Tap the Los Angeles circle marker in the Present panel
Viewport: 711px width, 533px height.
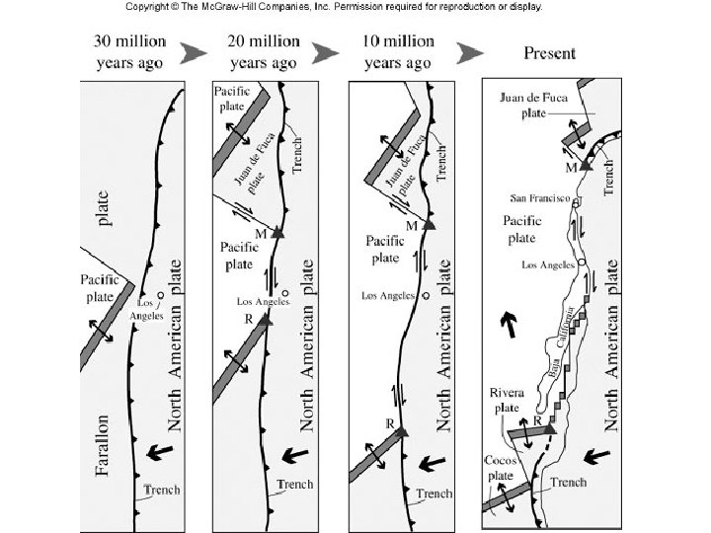pyautogui.click(x=582, y=261)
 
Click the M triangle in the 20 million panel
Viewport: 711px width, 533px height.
pyautogui.click(x=277, y=233)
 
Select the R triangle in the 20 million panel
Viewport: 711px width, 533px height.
pyautogui.click(x=265, y=320)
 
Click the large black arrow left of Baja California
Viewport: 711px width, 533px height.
pyautogui.click(x=509, y=323)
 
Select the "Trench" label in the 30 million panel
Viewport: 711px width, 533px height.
pyautogui.click(x=163, y=490)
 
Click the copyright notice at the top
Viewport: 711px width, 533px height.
pyautogui.click(x=355, y=6)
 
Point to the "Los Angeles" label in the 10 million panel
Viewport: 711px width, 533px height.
pyautogui.click(x=387, y=295)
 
